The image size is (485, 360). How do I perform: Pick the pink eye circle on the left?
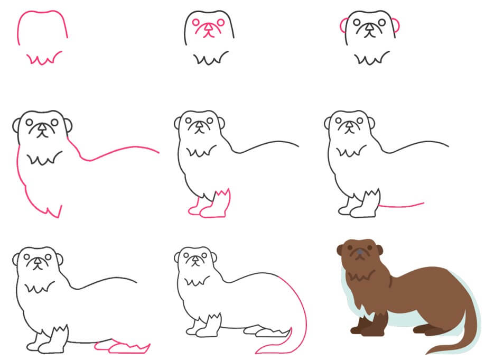pos(197,23)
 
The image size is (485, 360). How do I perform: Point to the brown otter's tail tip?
pos(431,352)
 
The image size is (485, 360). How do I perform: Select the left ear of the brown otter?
pos(340,250)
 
